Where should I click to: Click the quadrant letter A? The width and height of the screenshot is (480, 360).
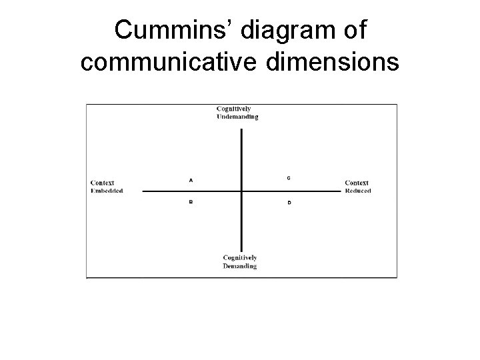(x=191, y=179)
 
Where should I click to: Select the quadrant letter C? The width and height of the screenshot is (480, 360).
(x=288, y=178)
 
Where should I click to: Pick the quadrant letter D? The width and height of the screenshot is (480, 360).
(x=288, y=202)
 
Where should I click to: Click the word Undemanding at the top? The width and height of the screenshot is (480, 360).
(x=237, y=117)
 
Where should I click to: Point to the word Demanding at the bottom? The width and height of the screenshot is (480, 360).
(x=239, y=265)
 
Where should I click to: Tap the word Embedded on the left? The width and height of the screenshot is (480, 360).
(x=107, y=191)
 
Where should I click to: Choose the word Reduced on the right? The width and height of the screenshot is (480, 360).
(x=358, y=191)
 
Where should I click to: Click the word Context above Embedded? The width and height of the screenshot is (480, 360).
(x=102, y=183)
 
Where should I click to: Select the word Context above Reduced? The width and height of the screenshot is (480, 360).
(x=357, y=183)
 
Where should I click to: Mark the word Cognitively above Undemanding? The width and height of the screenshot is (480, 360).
(x=233, y=109)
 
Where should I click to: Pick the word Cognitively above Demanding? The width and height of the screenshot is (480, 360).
(x=240, y=258)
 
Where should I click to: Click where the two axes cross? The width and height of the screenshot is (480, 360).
(x=241, y=191)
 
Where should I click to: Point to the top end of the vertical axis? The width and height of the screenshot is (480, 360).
(x=241, y=129)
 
